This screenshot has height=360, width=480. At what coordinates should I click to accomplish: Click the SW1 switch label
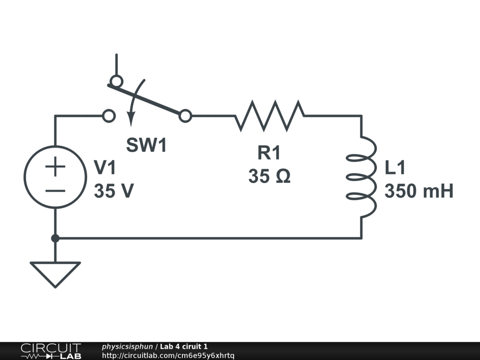click(146, 146)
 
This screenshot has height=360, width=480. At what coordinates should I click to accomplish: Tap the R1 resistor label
click(269, 153)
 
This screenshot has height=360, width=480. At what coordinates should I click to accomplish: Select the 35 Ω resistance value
click(269, 176)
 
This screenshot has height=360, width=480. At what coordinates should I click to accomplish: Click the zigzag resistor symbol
click(270, 115)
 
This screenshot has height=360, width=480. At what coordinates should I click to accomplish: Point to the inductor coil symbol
click(361, 177)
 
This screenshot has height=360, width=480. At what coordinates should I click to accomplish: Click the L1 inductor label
click(395, 168)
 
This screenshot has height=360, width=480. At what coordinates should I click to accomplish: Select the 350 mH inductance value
click(419, 191)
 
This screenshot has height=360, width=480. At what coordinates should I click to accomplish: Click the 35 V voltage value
click(114, 191)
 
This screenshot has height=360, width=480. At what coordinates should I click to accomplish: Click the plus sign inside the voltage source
click(55, 166)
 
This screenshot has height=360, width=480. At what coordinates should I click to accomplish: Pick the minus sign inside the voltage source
click(55, 191)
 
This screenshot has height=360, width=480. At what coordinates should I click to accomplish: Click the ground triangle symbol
click(55, 273)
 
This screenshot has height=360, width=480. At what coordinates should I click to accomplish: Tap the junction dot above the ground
click(55, 238)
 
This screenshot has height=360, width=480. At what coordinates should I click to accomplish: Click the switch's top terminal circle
click(116, 81)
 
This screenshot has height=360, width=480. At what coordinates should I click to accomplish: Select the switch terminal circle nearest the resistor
click(186, 116)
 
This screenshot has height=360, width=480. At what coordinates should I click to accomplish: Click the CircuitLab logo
click(50, 351)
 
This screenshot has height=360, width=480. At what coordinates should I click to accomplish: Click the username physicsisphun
click(127, 347)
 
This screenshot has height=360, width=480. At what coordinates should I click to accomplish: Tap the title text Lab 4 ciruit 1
click(184, 347)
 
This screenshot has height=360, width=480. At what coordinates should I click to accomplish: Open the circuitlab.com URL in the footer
click(168, 355)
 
